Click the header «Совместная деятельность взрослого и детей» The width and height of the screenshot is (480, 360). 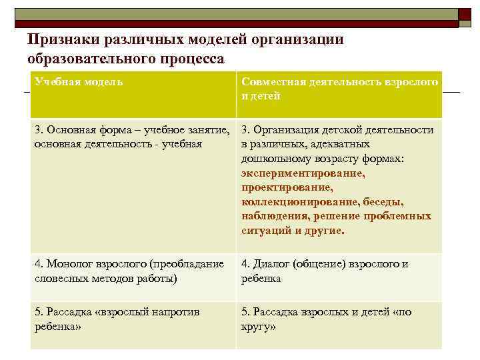(x=339, y=89)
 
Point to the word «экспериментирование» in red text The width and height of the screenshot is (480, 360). (x=303, y=173)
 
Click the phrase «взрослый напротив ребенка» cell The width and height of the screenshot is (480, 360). (x=117, y=319)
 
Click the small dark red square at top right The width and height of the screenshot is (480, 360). (x=465, y=16)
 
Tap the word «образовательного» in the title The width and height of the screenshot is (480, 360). (x=83, y=59)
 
